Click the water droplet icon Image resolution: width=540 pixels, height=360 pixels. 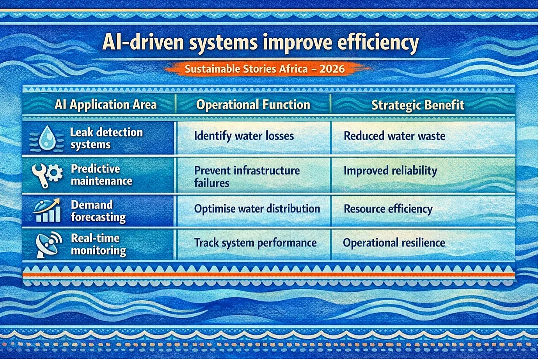47,138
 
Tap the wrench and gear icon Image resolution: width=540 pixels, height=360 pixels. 47,175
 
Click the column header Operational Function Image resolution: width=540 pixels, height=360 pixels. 253,105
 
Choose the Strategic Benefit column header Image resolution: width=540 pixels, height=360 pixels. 418,105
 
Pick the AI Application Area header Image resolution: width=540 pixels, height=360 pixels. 106,105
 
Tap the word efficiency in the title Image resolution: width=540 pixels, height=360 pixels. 378,43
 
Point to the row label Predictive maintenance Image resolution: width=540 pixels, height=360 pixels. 101,175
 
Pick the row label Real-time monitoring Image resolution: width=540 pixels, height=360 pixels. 98,245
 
